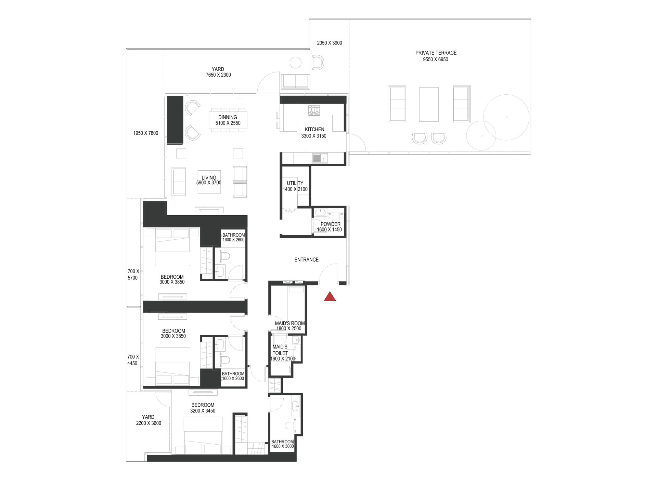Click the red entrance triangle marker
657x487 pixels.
click(x=330, y=297)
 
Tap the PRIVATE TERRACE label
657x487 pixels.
click(x=436, y=53)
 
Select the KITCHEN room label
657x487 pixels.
click(x=314, y=129)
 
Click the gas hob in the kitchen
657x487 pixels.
click(x=314, y=110)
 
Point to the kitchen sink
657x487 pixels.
click(x=317, y=158)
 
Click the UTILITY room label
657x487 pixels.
click(x=295, y=183)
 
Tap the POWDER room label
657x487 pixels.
click(x=330, y=224)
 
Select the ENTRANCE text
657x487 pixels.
click(x=306, y=260)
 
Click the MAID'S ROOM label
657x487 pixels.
click(x=289, y=323)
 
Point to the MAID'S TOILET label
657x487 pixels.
click(x=280, y=350)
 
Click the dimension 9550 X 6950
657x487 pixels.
click(x=435, y=60)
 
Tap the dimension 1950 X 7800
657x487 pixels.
click(x=145, y=133)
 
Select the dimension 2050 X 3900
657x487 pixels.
click(x=329, y=43)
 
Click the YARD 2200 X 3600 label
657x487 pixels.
click(x=148, y=420)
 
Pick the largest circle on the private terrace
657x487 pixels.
click(x=506, y=117)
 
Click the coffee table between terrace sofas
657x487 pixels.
click(x=429, y=104)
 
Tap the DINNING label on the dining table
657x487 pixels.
click(x=228, y=117)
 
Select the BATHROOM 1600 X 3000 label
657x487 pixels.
click(x=282, y=442)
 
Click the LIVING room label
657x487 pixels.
click(x=209, y=178)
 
